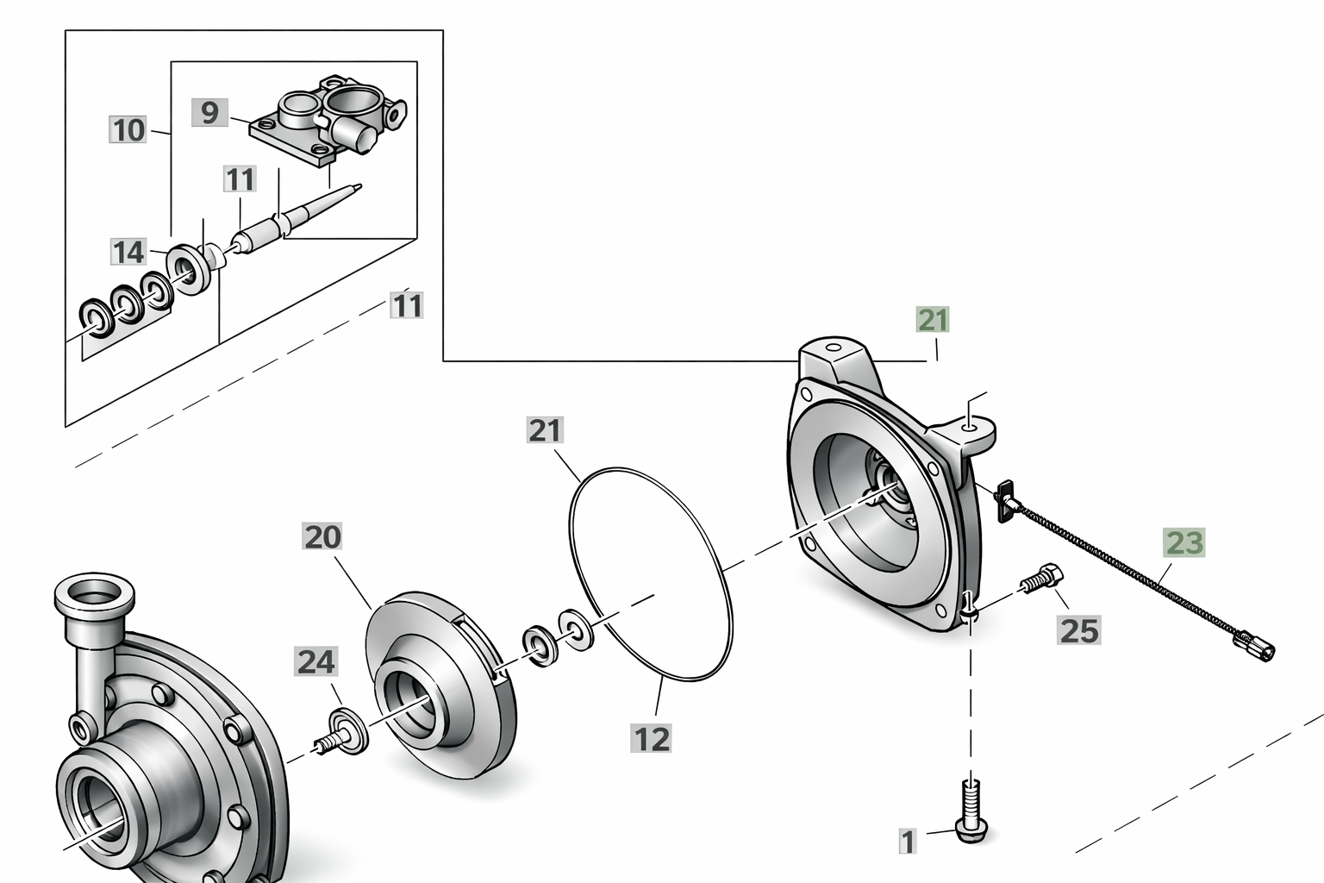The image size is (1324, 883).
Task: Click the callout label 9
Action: point(209,112)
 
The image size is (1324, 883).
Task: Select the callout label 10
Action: point(128,129)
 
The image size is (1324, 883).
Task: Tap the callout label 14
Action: point(128,252)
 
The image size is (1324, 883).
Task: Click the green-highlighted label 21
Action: point(933,320)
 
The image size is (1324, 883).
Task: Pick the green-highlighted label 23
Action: point(1183,543)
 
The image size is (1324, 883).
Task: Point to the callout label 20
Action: point(322,537)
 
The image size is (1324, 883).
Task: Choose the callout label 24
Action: point(316,661)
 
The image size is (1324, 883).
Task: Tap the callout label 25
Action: point(1078,630)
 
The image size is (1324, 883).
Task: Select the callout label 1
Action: point(908,841)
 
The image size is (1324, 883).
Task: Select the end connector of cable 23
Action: point(1253,645)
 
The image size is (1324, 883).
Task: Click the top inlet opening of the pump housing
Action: point(95,590)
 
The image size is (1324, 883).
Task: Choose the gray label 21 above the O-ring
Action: point(545,430)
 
